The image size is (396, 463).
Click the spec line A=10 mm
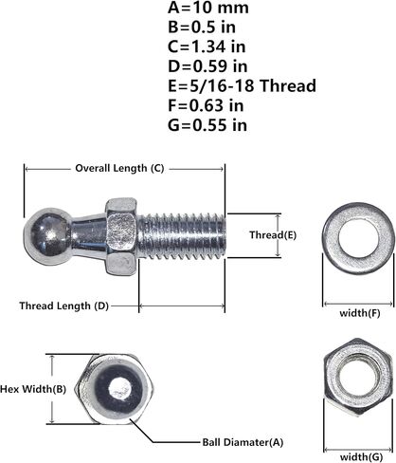pyautogui.click(x=208, y=8)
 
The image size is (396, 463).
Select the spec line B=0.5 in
pyautogui.click(x=202, y=28)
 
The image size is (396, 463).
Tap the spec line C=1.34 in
pyautogui.click(x=207, y=46)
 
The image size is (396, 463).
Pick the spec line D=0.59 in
pyautogui.click(x=207, y=66)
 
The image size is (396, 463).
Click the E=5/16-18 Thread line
pyautogui.click(x=242, y=86)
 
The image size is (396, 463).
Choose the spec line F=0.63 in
pyautogui.click(x=206, y=105)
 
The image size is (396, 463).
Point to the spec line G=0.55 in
pyautogui.click(x=207, y=125)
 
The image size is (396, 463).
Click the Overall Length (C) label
pyautogui.click(x=119, y=168)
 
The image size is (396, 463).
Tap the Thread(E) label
pyautogui.click(x=273, y=235)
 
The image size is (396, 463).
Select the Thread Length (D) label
pyautogui.click(x=64, y=306)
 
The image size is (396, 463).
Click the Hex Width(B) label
pyautogui.click(x=33, y=389)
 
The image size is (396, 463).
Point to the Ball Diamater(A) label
pyautogui.click(x=243, y=442)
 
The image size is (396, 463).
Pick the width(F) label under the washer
pyautogui.click(x=360, y=313)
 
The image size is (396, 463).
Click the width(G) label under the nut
pyautogui.click(x=361, y=456)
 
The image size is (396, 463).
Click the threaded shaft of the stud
pyautogui.click(x=182, y=235)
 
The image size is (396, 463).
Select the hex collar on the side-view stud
pyautogui.click(x=121, y=236)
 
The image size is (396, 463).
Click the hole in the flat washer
pyautogui.click(x=358, y=238)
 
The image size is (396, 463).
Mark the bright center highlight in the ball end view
pyautogui.click(x=119, y=389)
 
